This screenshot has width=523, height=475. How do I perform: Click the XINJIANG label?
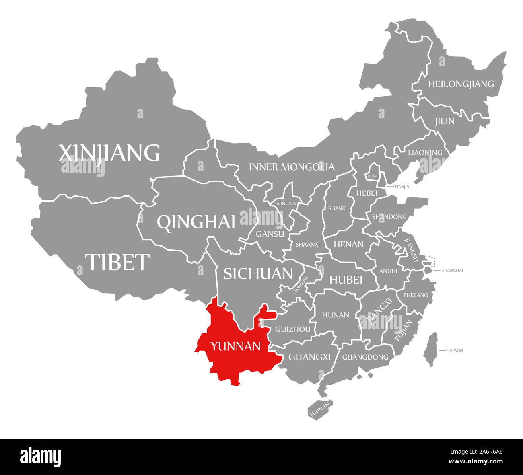pos(109,153)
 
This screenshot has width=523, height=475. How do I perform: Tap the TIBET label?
pos(117,262)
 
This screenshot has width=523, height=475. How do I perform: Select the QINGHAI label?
pos(196,222)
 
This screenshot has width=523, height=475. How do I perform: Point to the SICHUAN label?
pos(258,273)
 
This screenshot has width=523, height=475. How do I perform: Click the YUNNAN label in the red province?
pos(236,346)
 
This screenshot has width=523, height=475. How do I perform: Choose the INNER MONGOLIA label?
pos(292,167)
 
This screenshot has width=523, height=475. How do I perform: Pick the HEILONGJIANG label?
pos(461,84)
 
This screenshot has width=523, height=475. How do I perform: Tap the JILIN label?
pos(444,121)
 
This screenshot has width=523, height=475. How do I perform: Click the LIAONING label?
pos(425,152)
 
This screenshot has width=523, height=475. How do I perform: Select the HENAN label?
pos(348,244)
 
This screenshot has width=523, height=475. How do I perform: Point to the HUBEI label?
pos(346,279)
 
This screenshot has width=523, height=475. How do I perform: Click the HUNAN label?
pos(336,315)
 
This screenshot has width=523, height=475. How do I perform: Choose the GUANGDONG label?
pos(365,357)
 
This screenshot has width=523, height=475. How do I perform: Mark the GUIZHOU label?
pos(292,329)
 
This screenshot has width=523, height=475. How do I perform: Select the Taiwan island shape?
pos(431,349)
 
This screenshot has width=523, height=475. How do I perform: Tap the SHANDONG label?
pos(389,217)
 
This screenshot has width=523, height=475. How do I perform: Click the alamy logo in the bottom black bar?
pos(41,456)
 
